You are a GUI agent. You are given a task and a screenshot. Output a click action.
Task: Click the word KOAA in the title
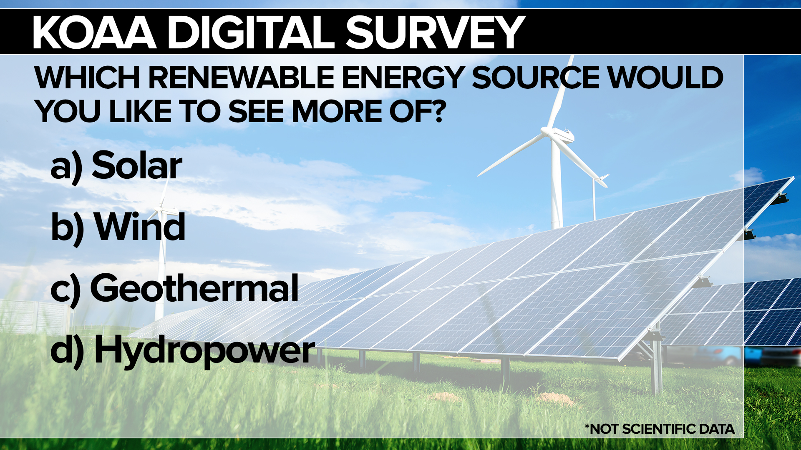[94, 32]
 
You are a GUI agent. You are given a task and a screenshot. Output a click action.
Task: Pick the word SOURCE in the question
[536, 77]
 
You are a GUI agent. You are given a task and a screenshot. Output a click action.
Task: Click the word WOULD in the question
[665, 77]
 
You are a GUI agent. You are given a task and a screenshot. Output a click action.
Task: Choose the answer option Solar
[137, 165]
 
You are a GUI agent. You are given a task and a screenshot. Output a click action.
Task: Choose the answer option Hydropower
[204, 351]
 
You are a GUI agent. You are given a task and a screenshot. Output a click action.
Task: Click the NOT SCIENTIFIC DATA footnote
[660, 429]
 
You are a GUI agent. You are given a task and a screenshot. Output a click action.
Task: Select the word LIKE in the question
[140, 111]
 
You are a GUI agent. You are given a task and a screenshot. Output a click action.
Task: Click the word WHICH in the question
[87, 77]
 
